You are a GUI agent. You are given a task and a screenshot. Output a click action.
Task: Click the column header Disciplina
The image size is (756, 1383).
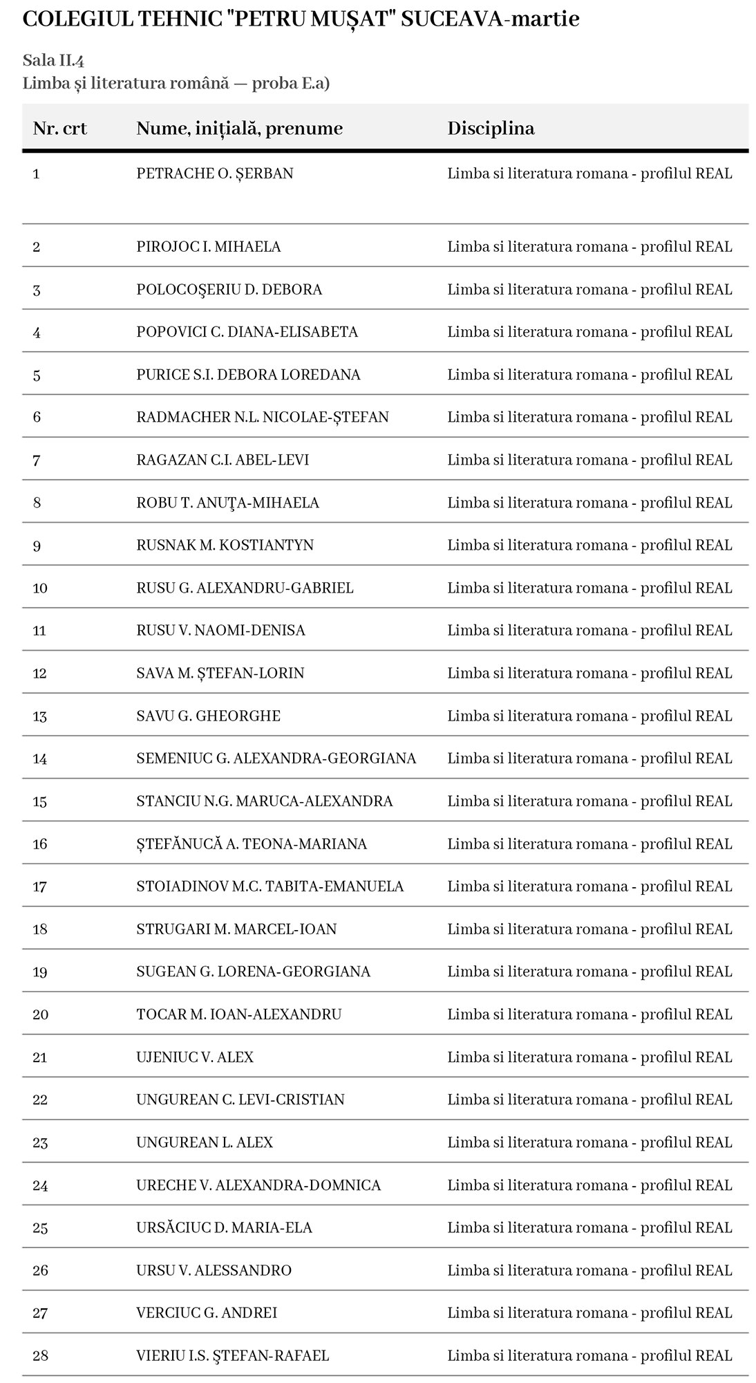(x=491, y=129)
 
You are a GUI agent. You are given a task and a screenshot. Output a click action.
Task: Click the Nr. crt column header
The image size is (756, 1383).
(x=60, y=129)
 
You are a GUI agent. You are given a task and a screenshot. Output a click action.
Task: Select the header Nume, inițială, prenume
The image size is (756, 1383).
(x=239, y=129)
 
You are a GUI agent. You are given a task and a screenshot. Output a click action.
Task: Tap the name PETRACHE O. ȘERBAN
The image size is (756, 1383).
(x=215, y=174)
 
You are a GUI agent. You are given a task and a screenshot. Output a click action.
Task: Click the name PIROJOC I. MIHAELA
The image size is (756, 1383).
(x=208, y=247)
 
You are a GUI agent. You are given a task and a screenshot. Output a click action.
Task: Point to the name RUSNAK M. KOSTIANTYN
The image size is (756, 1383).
(x=225, y=545)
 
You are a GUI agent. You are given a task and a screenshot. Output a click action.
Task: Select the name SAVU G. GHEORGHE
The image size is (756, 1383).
(x=208, y=716)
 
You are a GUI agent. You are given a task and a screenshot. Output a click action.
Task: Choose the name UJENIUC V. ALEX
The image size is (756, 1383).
(x=195, y=1057)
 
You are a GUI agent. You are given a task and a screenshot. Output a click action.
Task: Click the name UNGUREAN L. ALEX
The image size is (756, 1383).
(x=205, y=1142)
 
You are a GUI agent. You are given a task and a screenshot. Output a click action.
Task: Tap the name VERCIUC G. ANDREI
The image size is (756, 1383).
(x=207, y=1313)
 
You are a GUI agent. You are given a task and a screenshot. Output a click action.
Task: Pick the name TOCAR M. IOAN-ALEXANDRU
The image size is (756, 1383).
(x=239, y=1014)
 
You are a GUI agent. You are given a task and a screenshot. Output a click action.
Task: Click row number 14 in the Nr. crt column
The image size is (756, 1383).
(x=40, y=759)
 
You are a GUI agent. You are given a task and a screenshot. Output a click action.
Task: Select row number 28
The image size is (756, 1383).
(x=40, y=1356)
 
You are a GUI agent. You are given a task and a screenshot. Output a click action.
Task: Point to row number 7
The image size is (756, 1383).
(x=37, y=460)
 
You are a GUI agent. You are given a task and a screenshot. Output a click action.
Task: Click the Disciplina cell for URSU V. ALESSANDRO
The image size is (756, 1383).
(x=589, y=1270)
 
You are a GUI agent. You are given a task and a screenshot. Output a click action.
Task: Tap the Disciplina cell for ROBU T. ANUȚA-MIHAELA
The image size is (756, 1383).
(x=589, y=503)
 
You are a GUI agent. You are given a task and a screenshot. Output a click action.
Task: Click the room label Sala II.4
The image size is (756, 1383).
(x=53, y=60)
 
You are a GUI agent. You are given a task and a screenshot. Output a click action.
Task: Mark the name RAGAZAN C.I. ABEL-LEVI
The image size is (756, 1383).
(x=223, y=460)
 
